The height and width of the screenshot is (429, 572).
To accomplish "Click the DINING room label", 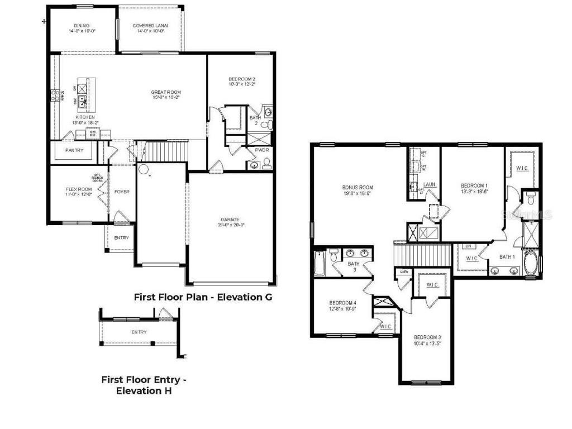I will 82,26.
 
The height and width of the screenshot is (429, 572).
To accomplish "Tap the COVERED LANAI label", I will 150,26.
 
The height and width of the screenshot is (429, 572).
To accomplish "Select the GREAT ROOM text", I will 166,93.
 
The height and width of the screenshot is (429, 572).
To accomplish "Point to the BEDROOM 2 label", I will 242,79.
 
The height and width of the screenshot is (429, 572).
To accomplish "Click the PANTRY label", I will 74,150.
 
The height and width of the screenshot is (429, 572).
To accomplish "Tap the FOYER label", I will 122,192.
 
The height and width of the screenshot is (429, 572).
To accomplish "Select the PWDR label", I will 261,150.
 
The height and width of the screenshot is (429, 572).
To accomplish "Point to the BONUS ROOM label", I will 357,188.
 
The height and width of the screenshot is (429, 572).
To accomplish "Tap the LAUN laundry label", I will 429,184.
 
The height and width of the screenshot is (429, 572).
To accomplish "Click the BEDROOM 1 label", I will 474,185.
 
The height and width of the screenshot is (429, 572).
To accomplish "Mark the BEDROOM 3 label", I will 427,337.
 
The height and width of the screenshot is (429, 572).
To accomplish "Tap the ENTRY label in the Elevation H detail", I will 139,332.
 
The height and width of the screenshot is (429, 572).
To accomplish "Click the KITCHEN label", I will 83,117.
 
